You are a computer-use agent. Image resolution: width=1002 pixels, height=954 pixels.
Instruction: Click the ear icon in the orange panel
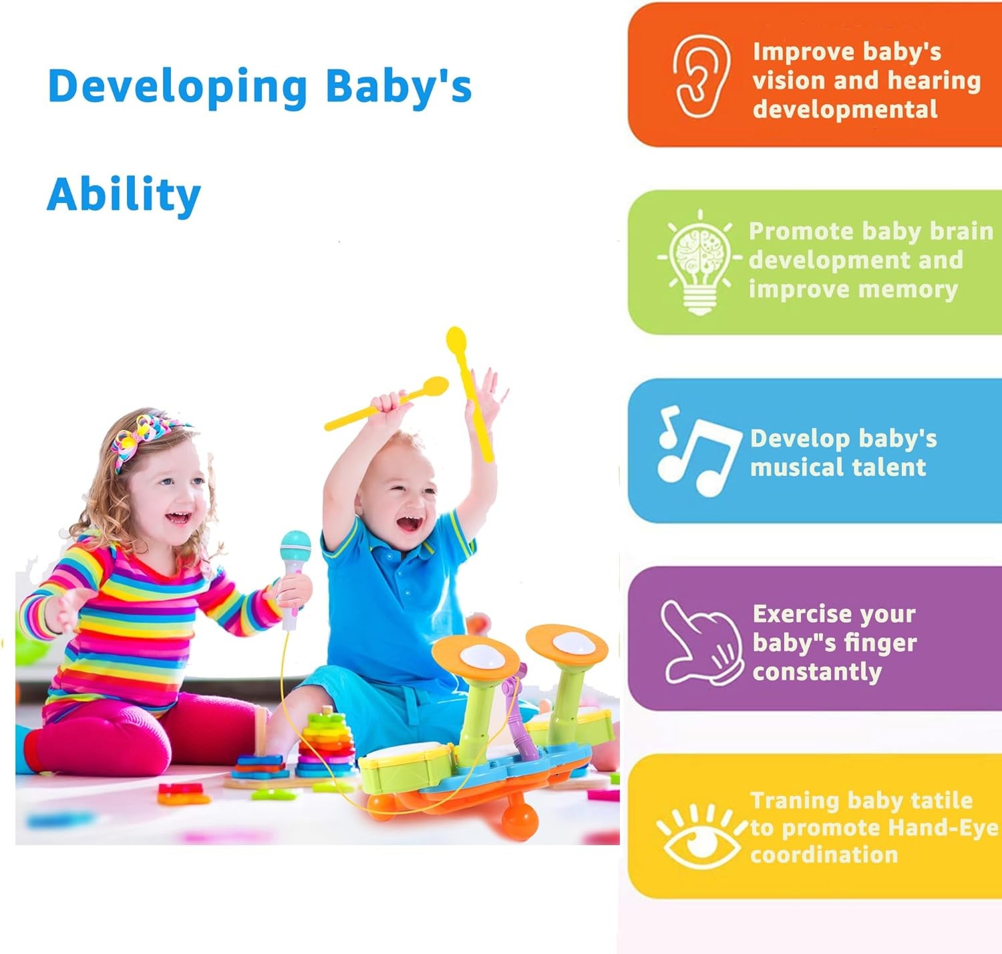point(701,76)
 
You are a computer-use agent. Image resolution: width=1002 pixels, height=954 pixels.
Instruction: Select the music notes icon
point(699,451)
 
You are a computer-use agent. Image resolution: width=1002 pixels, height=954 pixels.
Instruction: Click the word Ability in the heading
point(124,194)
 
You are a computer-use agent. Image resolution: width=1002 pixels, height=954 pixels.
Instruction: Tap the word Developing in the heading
point(178,87)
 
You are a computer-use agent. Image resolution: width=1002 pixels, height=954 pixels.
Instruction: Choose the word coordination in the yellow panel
point(824,855)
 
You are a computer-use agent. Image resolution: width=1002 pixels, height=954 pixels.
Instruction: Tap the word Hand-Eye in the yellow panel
point(943,827)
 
